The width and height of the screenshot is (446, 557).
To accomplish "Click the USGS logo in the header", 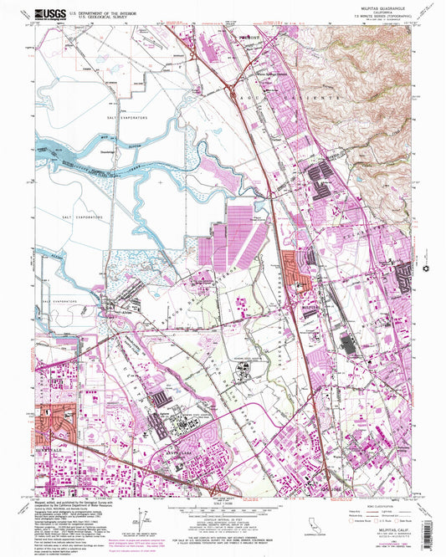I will (x=48, y=14).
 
